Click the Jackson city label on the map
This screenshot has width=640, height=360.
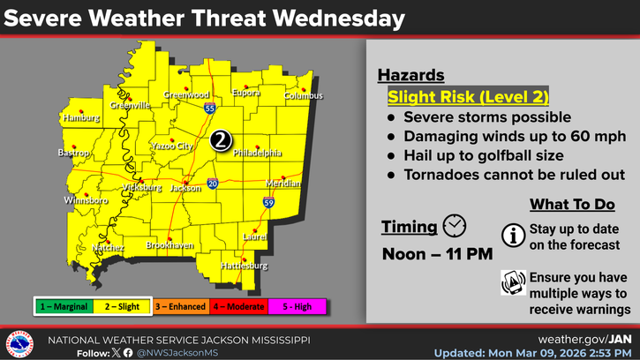click(x=186, y=188)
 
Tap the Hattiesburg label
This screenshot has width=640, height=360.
click(x=243, y=265)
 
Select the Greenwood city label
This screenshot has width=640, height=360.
click(x=186, y=95)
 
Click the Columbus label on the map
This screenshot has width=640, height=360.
click(x=304, y=95)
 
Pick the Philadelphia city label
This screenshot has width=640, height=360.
click(x=258, y=153)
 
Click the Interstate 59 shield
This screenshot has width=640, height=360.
click(x=266, y=203)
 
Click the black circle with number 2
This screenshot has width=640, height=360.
click(x=222, y=139)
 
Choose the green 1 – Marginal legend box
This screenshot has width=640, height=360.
click(x=65, y=306)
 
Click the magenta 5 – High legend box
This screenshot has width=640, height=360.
click(x=298, y=306)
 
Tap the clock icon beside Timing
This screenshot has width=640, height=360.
click(x=454, y=226)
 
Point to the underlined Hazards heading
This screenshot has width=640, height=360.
click(x=410, y=76)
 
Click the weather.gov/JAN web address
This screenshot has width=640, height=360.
click(x=584, y=339)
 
